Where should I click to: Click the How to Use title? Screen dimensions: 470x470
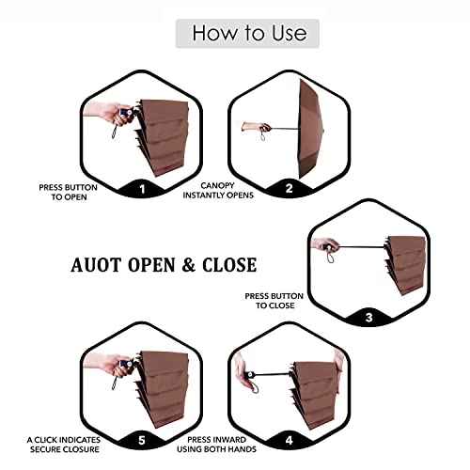pos(249,33)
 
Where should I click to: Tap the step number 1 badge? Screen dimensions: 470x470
pos(142,189)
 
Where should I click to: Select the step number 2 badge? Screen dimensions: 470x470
pos(289,188)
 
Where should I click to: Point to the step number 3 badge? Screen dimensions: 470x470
pos(369,318)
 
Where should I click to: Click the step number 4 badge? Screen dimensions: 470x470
pos(289,440)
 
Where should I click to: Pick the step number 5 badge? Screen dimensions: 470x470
pos(142,440)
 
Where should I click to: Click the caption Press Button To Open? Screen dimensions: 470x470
pos(69,192)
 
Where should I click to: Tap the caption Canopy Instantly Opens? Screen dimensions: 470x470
pos(218,190)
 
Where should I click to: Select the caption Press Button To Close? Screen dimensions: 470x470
pos(274,301)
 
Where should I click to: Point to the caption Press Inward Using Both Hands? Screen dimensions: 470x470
pos(216,445)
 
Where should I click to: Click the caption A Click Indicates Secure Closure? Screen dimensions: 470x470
pos(64,445)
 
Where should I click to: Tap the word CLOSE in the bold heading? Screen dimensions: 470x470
pos(229,265)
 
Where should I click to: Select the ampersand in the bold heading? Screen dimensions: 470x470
pos(188,265)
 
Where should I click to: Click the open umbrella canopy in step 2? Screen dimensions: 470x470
pos(310,129)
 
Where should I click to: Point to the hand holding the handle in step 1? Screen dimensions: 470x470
pos(108,114)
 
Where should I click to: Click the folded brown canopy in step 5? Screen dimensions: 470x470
pos(163,388)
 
